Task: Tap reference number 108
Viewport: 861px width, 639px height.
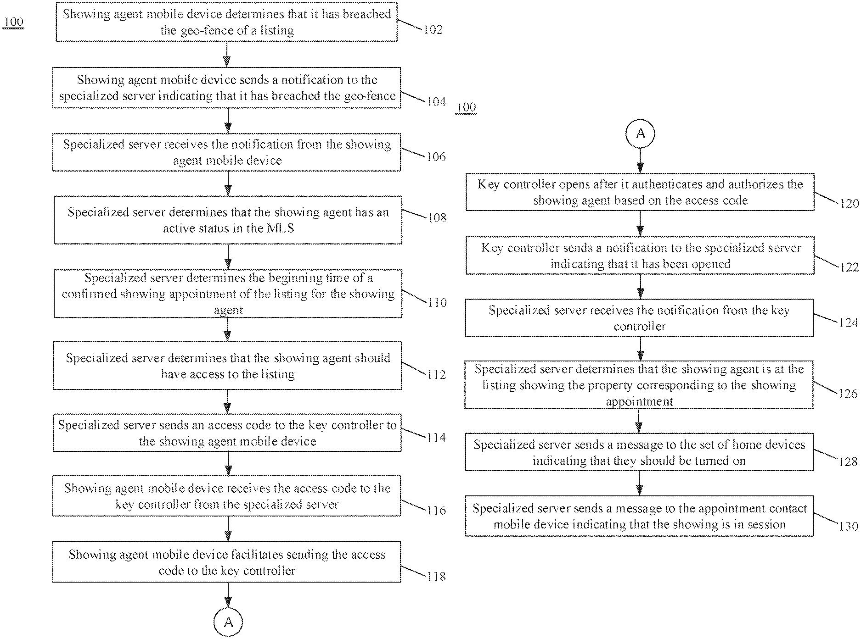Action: [436, 217]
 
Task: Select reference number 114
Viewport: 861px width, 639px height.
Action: [436, 438]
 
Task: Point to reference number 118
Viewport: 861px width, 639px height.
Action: [436, 576]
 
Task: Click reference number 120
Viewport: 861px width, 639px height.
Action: [849, 204]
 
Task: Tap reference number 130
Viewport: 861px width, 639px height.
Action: [849, 526]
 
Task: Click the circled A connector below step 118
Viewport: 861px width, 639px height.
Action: [228, 622]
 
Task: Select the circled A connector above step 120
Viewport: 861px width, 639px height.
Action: [640, 134]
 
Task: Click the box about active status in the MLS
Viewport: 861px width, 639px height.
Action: [228, 220]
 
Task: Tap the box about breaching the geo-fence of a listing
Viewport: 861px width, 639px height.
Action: [227, 22]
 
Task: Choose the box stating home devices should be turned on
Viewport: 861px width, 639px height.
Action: [639, 452]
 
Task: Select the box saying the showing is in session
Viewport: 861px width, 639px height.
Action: [640, 516]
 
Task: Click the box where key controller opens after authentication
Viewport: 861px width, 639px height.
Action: [640, 192]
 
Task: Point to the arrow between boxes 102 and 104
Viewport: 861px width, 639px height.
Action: [227, 54]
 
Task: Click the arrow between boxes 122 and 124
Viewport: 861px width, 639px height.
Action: [640, 287]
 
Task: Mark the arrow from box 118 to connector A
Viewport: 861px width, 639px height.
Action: [228, 595]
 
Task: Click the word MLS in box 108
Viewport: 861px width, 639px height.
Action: [280, 228]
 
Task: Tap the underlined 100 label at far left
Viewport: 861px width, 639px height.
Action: [13, 22]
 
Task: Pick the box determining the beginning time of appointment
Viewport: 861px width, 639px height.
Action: [228, 294]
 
